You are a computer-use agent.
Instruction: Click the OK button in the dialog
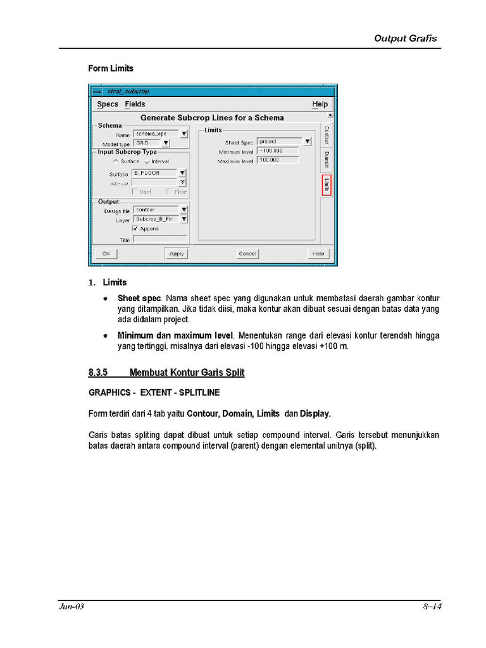click(106, 254)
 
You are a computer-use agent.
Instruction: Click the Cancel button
click(247, 254)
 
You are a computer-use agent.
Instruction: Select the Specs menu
click(108, 104)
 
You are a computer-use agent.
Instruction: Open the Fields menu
click(135, 104)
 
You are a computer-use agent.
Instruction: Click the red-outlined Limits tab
click(326, 185)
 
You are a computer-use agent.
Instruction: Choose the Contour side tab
click(326, 135)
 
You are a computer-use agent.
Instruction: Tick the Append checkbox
click(135, 228)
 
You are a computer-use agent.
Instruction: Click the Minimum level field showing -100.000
click(278, 151)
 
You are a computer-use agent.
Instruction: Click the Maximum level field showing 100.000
click(278, 161)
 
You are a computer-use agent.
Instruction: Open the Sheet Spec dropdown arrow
click(307, 142)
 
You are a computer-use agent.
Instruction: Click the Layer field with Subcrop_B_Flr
click(155, 219)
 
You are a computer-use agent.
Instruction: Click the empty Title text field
click(159, 240)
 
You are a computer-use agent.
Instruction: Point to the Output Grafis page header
click(405, 38)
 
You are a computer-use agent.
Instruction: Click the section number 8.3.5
click(99, 373)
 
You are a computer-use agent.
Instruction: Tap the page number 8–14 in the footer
click(432, 607)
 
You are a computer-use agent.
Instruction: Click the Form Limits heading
click(111, 68)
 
